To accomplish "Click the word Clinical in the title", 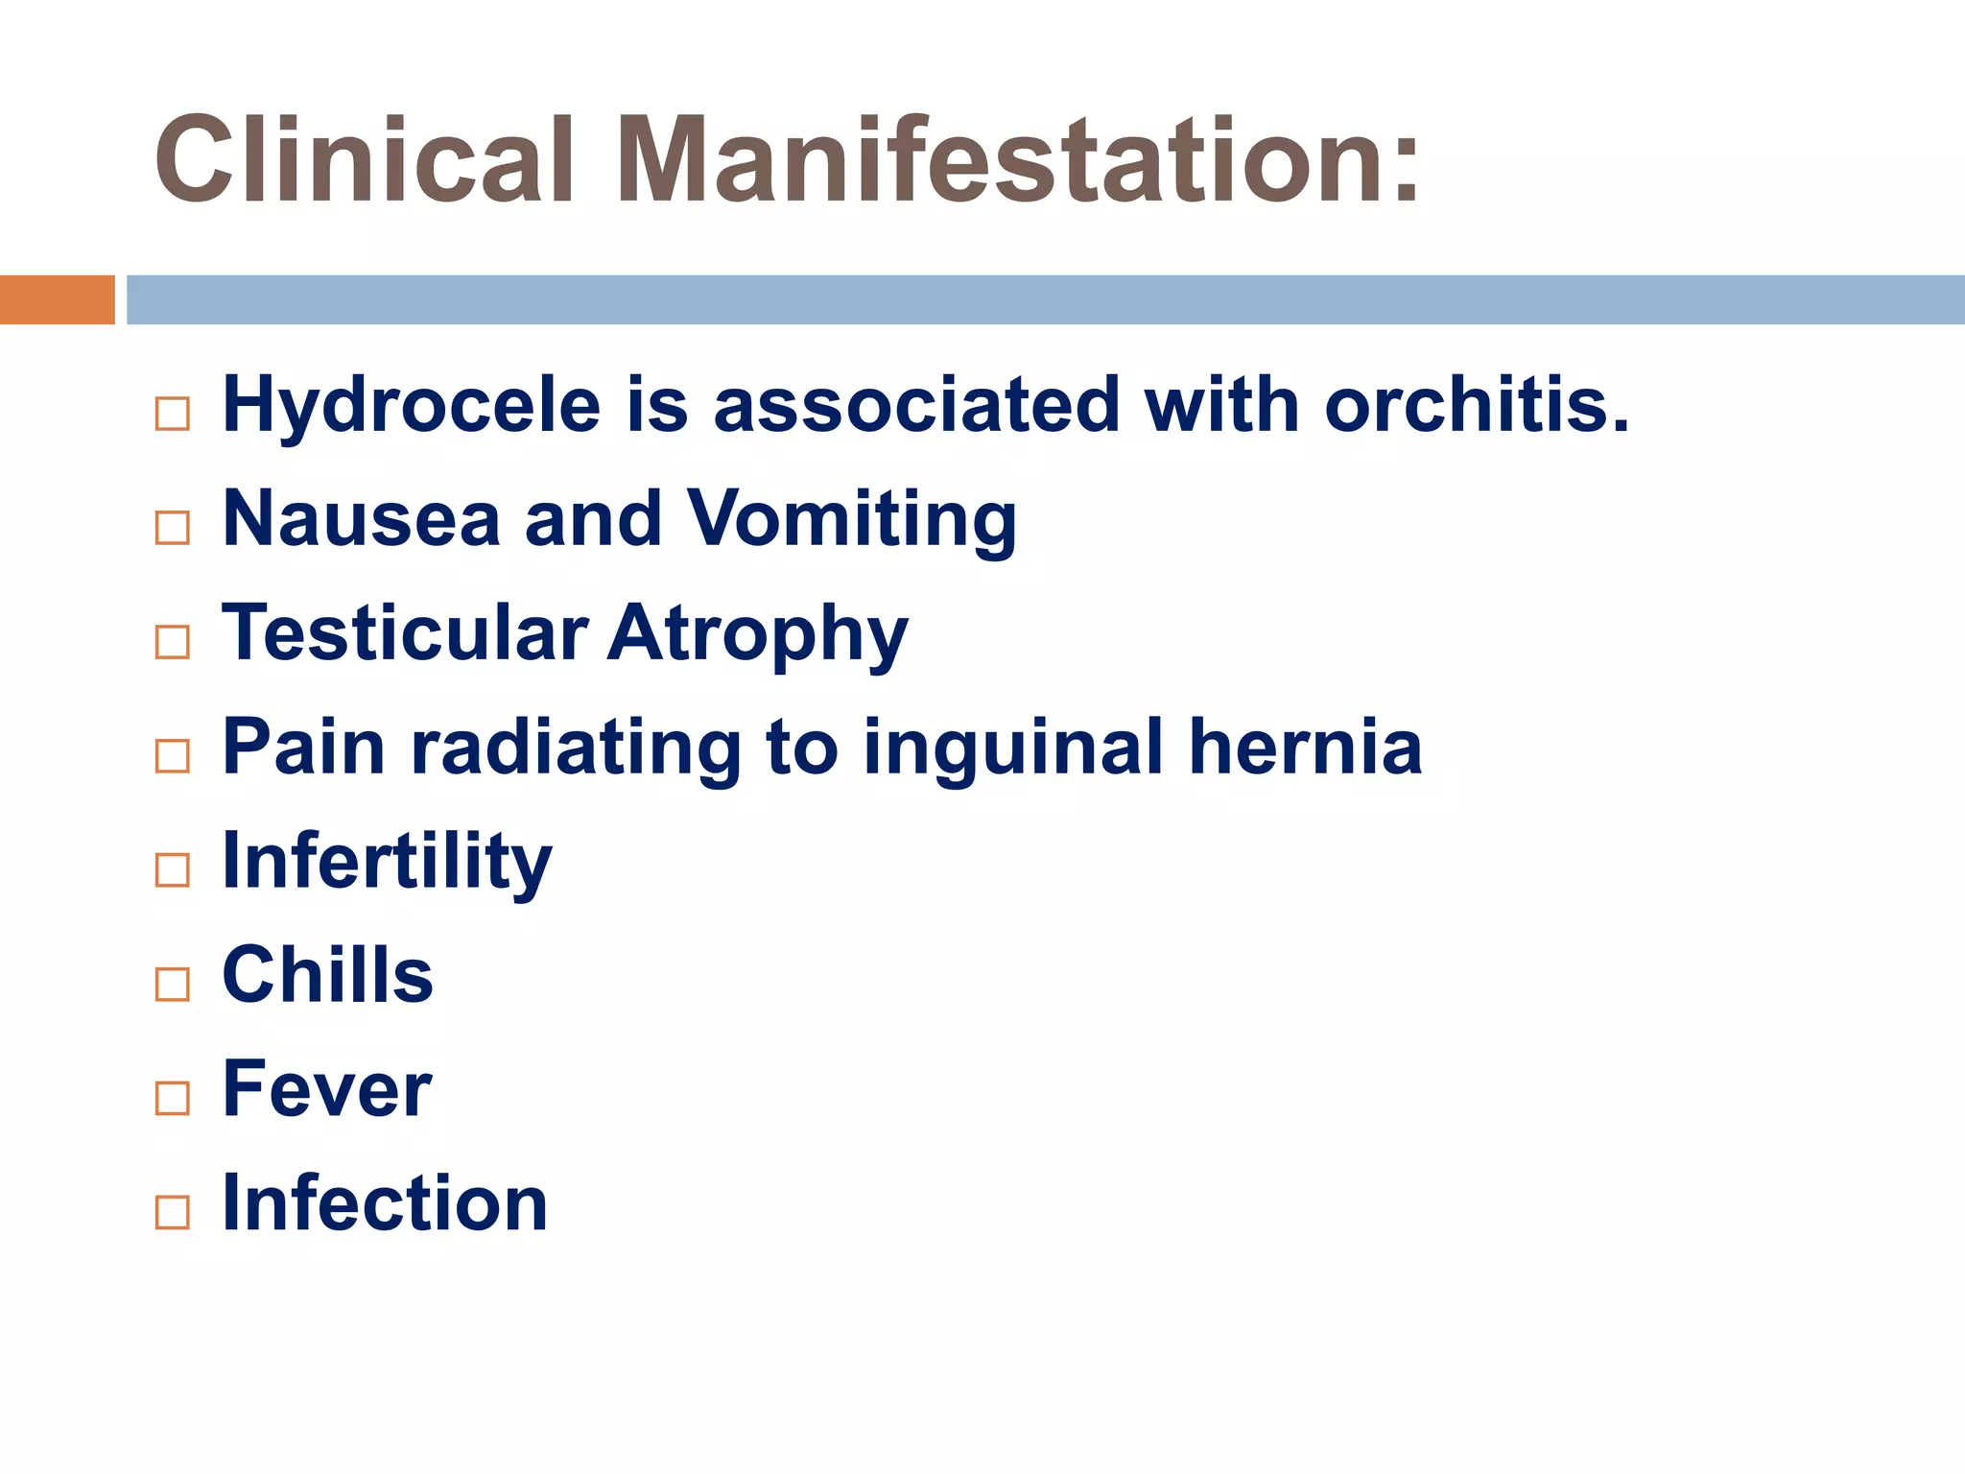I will (x=365, y=160).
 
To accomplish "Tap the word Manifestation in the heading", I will (x=1017, y=160).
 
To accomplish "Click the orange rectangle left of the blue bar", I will (x=57, y=299).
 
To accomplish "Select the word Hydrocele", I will (x=412, y=405).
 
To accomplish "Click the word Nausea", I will (x=362, y=519).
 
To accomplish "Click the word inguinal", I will (x=1012, y=749).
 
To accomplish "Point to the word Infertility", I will (x=387, y=862).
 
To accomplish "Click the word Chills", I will (x=327, y=975).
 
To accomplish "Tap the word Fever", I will (x=326, y=1089).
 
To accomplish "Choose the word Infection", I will (x=385, y=1202).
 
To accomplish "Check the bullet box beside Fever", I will (x=173, y=1098).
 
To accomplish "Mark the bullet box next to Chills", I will (x=173, y=984).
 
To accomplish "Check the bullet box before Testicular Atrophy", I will (x=173, y=642).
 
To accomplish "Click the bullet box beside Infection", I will (x=173, y=1212).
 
